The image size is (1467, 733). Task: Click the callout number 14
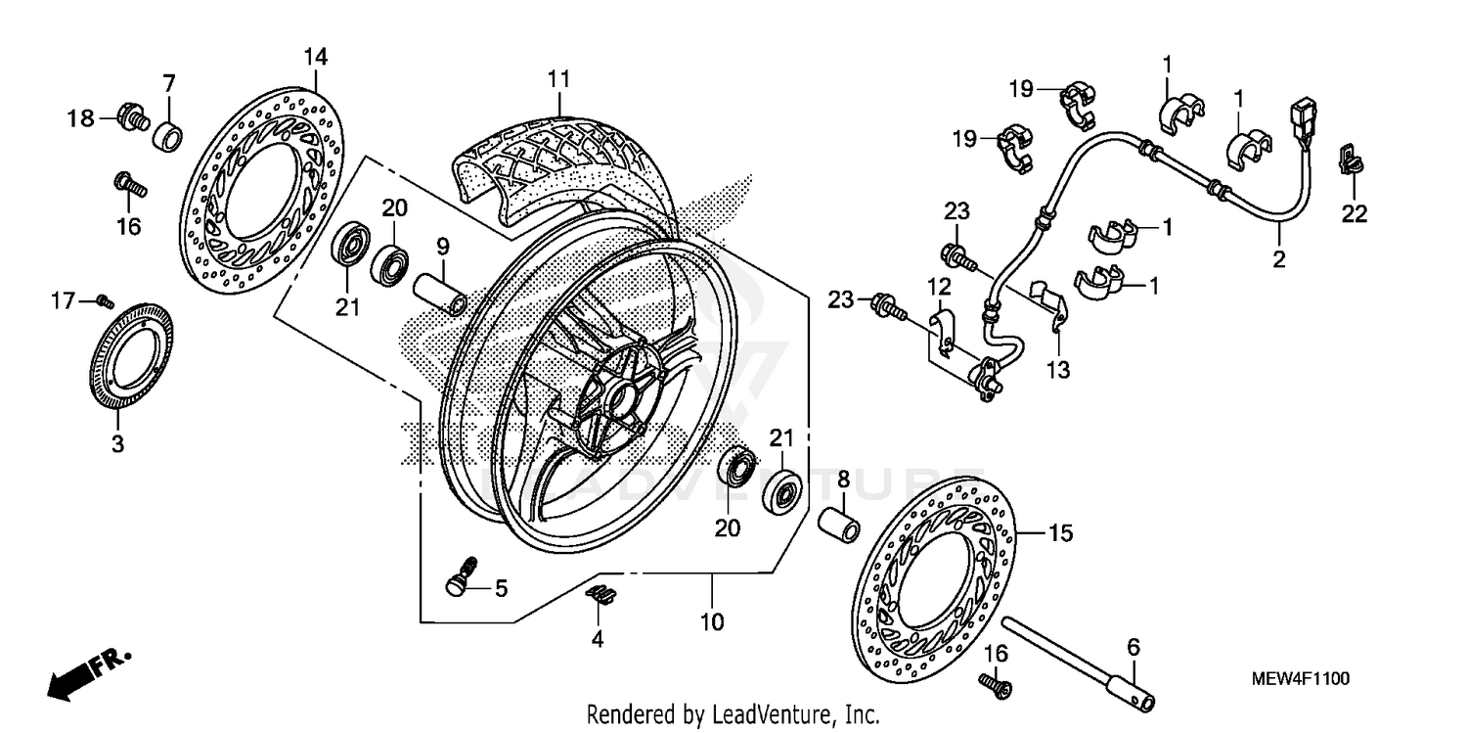click(x=314, y=57)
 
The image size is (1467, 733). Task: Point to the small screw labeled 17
click(x=105, y=301)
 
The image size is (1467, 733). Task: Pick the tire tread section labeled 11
click(x=567, y=157)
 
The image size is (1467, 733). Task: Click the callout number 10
click(x=712, y=621)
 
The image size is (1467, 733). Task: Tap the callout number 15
click(x=1061, y=533)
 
